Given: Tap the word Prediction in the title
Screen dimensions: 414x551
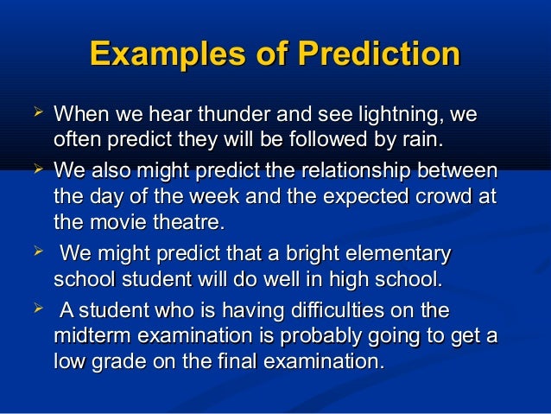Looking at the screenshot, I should pos(378,54).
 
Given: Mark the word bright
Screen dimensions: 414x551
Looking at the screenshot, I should pos(291,255).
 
